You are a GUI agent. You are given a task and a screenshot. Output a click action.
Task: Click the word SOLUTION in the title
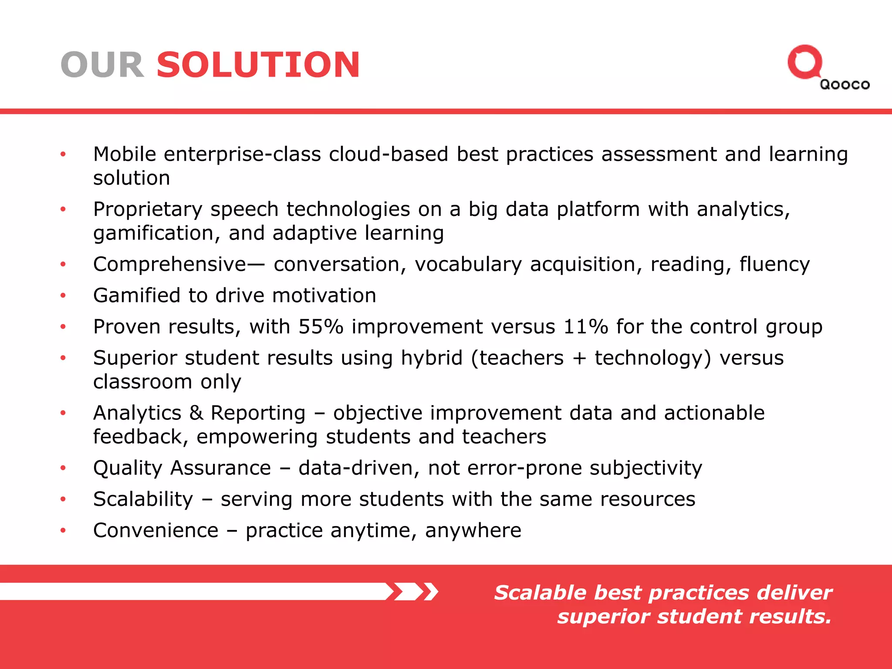(x=258, y=65)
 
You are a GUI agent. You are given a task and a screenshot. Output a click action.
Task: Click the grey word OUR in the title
(x=102, y=65)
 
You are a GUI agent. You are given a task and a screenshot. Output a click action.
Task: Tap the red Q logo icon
(x=804, y=62)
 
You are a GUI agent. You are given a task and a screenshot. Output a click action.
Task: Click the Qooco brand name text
(x=845, y=84)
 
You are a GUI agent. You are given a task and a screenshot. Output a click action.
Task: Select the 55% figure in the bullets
(x=321, y=327)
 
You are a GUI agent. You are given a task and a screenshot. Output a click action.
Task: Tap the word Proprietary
(x=148, y=210)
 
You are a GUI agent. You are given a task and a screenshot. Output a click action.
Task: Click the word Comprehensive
(x=170, y=264)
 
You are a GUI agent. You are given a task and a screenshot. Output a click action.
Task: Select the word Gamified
(x=137, y=296)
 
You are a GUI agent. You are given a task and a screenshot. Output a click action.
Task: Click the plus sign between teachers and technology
(x=579, y=358)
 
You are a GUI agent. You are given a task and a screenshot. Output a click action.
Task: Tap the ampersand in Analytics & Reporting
(x=196, y=413)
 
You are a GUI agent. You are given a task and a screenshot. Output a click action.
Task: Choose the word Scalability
(x=143, y=499)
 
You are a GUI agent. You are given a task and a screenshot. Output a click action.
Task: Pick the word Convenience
(x=155, y=530)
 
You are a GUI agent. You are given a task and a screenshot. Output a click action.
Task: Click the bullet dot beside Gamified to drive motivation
(x=63, y=296)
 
